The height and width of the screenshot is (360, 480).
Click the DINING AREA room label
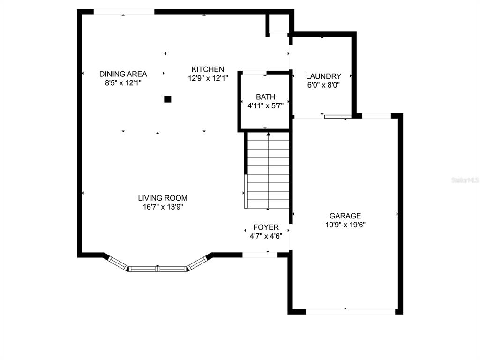click(x=123, y=74)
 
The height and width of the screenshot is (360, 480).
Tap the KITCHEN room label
click(x=208, y=69)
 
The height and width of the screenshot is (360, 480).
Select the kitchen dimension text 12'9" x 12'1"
click(x=208, y=78)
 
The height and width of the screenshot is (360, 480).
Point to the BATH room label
click(x=265, y=97)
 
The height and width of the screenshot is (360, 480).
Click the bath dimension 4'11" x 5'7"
click(x=265, y=106)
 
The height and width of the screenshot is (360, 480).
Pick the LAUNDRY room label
click(x=323, y=76)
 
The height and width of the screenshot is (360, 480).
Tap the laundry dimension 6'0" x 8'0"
click(x=323, y=85)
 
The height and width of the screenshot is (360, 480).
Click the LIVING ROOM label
click(x=163, y=198)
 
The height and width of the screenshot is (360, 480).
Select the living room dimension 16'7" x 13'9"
click(x=163, y=207)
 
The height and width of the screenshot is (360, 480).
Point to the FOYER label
click(x=266, y=227)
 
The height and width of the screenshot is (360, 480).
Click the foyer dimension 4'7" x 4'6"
click(x=266, y=236)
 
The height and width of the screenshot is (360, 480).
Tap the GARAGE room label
click(x=345, y=216)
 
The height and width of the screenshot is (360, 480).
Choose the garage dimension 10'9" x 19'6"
click(x=345, y=225)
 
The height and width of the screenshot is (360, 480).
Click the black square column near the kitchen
click(x=167, y=99)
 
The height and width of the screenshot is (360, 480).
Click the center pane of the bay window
click(x=157, y=269)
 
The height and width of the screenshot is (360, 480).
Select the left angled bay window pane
click(x=118, y=263)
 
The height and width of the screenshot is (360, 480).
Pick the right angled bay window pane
click(x=197, y=263)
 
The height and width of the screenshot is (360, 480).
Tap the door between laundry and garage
click(x=337, y=116)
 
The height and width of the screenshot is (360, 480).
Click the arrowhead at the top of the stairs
click(x=269, y=134)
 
